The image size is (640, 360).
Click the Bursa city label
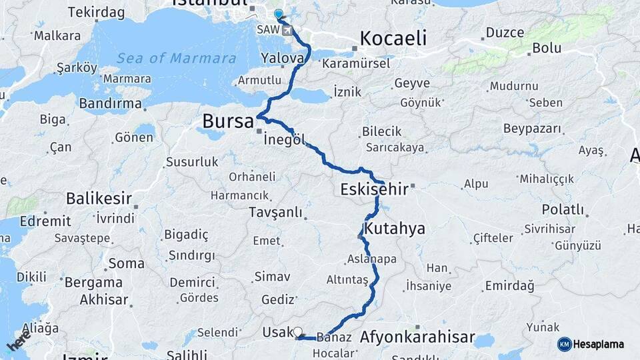point(228,122)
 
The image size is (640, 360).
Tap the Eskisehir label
point(374,189)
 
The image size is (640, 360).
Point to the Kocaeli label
point(393,38)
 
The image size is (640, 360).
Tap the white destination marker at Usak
point(297,331)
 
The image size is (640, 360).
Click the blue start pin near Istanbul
point(279,14)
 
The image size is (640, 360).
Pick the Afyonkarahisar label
point(417,337)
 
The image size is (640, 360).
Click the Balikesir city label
point(99,199)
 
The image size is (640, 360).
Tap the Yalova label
point(282,58)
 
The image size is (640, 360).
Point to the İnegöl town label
point(285,141)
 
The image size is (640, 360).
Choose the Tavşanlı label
point(275,213)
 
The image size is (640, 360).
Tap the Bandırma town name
point(110,103)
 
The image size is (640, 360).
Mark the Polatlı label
point(563,210)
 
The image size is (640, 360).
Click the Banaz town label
point(335,337)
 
